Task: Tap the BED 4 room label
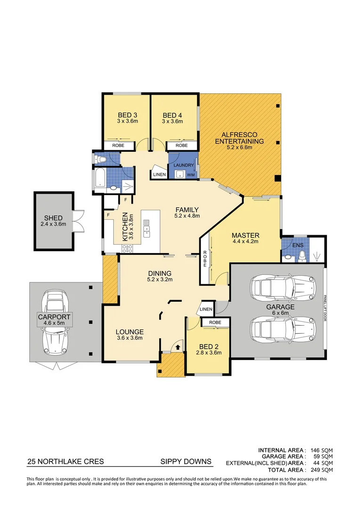[x=172, y=115]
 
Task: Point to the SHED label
[x=53, y=218]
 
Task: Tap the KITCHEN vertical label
[x=125, y=227]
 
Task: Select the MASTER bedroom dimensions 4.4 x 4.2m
[x=245, y=242]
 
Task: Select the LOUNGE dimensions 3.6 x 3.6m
[x=130, y=338]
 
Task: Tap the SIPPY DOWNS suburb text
[x=186, y=461]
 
